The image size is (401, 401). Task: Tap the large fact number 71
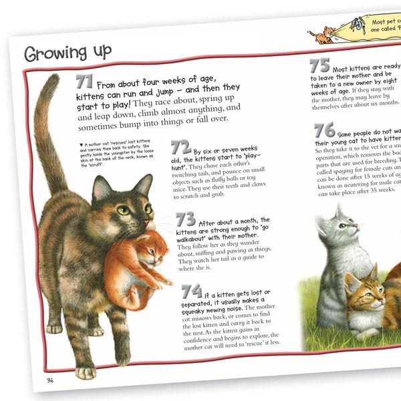click(x=85, y=82)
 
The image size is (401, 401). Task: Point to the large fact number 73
click(x=186, y=219)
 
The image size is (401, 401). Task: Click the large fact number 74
click(x=192, y=291)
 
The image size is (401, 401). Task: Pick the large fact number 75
click(x=320, y=65)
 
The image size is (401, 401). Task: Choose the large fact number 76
click(x=324, y=130)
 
